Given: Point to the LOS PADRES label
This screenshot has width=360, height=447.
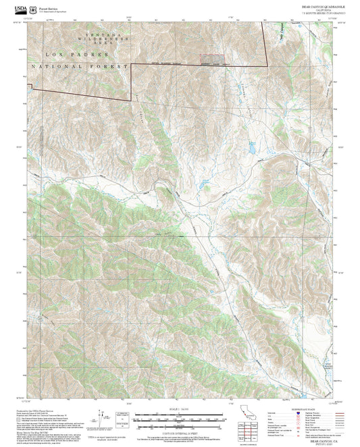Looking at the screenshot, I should pyautogui.click(x=68, y=53).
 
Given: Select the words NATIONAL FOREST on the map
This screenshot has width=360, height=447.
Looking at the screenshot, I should pyautogui.click(x=78, y=68).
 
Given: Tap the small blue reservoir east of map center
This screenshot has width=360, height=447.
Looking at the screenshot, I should pyautogui.click(x=251, y=149).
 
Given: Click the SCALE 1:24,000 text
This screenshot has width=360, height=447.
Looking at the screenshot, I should pyautogui.click(x=180, y=409).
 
